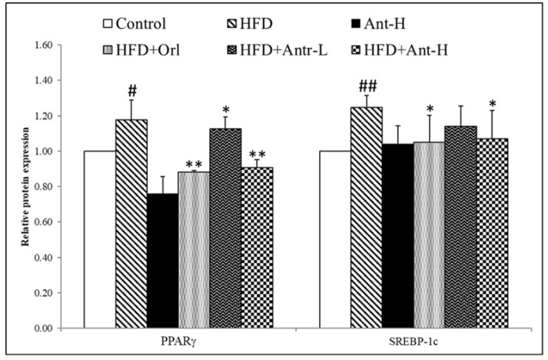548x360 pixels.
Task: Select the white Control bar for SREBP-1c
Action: (x=335, y=239)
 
